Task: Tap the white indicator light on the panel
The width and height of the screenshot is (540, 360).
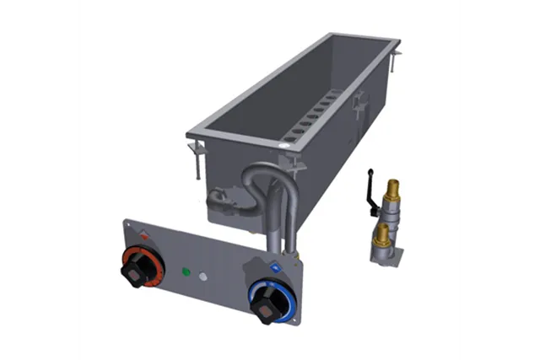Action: (x=202, y=277)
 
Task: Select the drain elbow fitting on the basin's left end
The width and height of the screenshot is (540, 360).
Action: (x=219, y=200)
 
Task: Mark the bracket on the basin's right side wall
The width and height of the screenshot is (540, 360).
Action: (x=359, y=105)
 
